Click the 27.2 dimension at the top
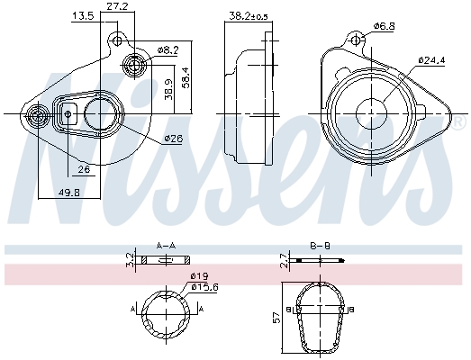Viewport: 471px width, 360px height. (116, 6)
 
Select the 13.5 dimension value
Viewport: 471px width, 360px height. (83, 16)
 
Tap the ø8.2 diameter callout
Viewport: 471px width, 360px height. (168, 50)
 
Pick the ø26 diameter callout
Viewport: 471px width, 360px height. (173, 139)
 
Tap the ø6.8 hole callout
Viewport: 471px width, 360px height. (385, 26)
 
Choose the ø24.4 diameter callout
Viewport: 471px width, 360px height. (432, 61)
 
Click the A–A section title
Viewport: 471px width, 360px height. (166, 244)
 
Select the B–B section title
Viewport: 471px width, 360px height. (320, 244)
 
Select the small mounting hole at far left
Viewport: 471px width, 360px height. (38, 115)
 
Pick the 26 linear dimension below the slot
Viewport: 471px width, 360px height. (83, 169)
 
